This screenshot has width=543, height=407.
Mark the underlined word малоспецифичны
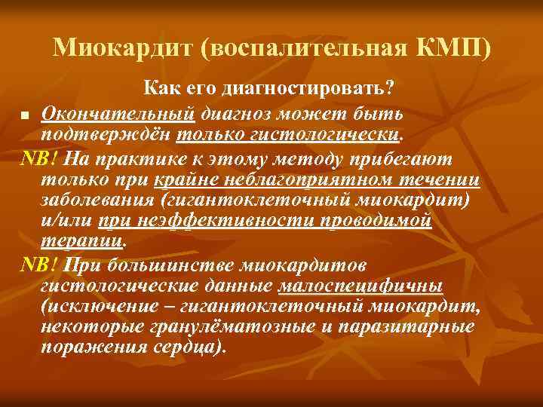(360, 286)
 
